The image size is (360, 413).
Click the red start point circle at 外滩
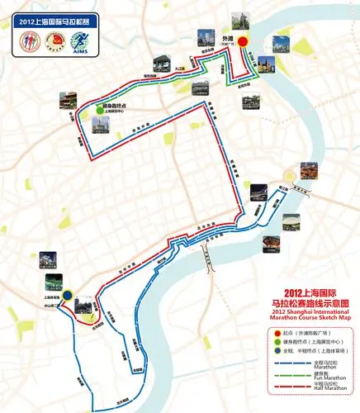(x=244, y=49)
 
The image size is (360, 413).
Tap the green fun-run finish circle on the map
(x=99, y=107)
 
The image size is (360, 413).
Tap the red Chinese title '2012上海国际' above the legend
(x=310, y=293)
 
